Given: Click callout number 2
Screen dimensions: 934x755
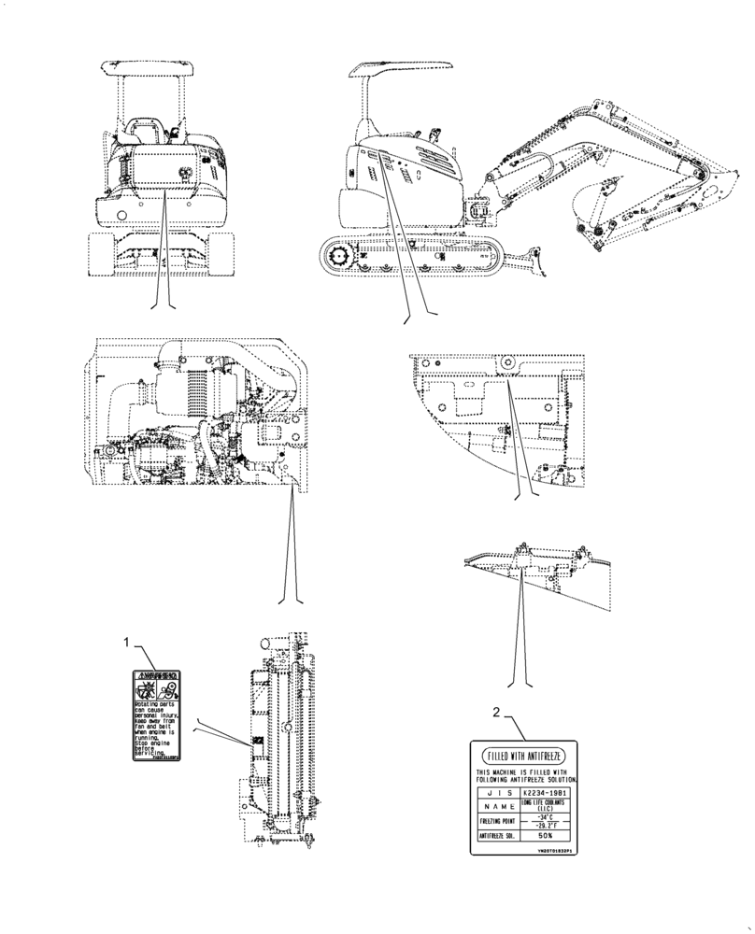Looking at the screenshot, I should pyautogui.click(x=496, y=714).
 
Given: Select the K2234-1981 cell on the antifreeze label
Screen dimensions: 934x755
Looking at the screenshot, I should pyautogui.click(x=548, y=789).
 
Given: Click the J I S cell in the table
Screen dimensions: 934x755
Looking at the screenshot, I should pyautogui.click(x=494, y=789).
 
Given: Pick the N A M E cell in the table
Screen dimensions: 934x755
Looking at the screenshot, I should pyautogui.click(x=494, y=805).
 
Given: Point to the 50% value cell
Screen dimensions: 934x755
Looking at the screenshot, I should pyautogui.click(x=548, y=836).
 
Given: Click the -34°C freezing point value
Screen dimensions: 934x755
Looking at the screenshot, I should pyautogui.click(x=548, y=816).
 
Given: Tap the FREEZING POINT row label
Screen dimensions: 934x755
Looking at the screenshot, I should pyautogui.click(x=494, y=821).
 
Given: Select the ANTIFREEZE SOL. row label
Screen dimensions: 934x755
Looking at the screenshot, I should pyautogui.click(x=494, y=836).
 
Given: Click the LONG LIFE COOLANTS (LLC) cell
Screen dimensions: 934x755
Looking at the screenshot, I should pyautogui.click(x=548, y=804).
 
